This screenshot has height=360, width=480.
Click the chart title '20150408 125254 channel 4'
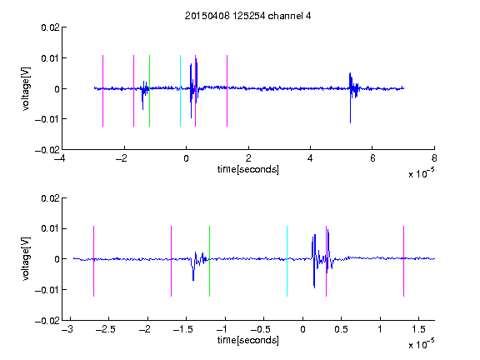[x=247, y=16]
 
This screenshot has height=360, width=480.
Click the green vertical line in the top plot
[x=149, y=91]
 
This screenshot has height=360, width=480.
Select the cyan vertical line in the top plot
[x=180, y=91]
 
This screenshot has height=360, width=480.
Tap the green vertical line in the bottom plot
[x=209, y=261]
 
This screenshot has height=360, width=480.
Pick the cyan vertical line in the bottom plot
[x=287, y=261]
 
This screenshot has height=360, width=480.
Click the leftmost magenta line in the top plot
[x=102, y=91]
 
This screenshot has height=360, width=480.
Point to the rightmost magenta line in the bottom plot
[x=403, y=261]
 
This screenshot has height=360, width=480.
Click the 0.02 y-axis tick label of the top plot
[x=50, y=27]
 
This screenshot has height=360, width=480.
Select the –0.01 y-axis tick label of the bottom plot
[x=47, y=290]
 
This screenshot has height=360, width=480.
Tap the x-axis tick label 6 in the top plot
[x=372, y=158]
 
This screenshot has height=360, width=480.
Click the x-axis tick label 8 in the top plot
[x=434, y=158]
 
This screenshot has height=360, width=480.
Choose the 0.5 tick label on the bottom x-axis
[x=341, y=329]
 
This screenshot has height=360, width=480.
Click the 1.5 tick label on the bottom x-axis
[x=418, y=329]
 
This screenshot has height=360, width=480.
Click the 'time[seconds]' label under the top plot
[x=248, y=169]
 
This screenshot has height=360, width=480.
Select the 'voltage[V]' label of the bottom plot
[x=26, y=259]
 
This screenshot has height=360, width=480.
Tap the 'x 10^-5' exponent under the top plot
[x=421, y=172]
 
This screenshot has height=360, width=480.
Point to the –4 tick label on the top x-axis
[x=60, y=158]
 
